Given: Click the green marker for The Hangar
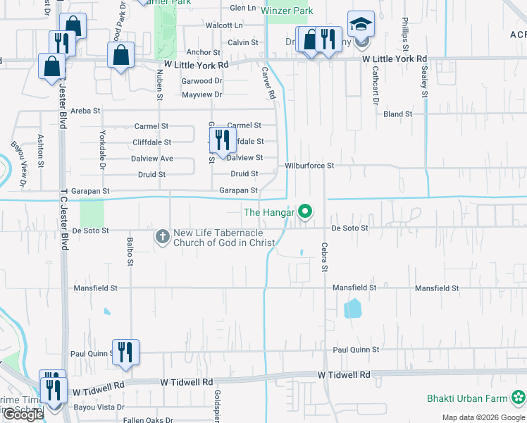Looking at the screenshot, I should (x=305, y=211).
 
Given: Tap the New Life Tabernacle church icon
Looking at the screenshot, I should (x=163, y=238).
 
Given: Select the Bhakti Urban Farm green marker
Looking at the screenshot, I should (x=519, y=398).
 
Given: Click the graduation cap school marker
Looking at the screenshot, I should (x=361, y=25).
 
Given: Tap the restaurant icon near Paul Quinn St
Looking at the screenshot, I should (x=125, y=352).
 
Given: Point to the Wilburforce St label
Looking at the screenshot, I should (x=309, y=166).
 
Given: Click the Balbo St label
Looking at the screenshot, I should (x=130, y=252).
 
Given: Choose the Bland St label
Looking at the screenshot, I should (x=398, y=114).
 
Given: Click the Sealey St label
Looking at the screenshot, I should (x=425, y=83).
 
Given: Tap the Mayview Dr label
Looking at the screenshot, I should (x=201, y=94).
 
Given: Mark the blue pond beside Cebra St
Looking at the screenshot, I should (x=352, y=308).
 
